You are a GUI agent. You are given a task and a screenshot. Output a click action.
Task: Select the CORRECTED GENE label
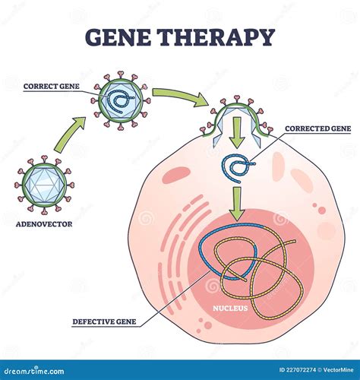318,129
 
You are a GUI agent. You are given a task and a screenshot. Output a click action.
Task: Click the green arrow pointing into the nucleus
238,203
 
